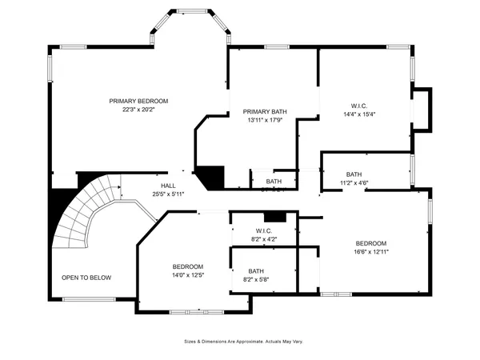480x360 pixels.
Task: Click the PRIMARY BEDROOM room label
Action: pos(139,101)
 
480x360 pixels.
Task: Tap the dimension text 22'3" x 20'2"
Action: pos(139,110)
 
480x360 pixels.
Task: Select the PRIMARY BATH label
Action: pos(265,112)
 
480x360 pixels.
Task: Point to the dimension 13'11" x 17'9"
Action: pos(265,121)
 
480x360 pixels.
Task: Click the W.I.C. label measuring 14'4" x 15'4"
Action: pos(359,106)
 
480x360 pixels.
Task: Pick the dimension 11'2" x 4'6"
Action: pos(354,183)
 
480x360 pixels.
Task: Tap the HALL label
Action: pos(168,185)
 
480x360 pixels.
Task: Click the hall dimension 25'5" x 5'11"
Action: pos(168,194)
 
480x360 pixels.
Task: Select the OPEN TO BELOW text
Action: pos(86,278)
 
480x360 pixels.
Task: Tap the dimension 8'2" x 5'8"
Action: pos(256,279)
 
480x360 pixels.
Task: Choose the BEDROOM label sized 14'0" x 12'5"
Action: pos(188,266)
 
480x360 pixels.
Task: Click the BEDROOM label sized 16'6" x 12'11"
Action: pos(371,243)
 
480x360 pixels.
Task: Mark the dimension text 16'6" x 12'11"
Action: pos(371,252)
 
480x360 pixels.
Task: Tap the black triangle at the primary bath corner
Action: pos(211,176)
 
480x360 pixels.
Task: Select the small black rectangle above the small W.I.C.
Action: pos(274,216)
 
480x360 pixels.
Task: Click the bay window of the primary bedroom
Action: pos(190,24)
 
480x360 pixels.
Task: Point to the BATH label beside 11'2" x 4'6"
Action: pos(354,174)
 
